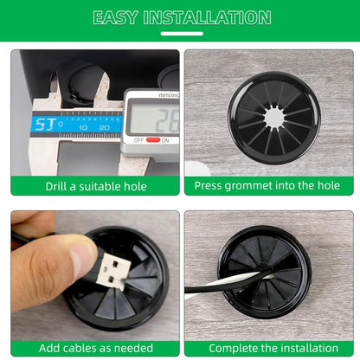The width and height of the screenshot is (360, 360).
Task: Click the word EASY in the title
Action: (118, 17)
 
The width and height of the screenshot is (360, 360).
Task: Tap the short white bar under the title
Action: (180, 34)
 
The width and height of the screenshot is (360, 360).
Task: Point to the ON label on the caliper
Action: (164, 139)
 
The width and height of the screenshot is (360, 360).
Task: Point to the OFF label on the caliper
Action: (138, 139)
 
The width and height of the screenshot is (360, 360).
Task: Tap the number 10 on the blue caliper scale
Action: (83, 127)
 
